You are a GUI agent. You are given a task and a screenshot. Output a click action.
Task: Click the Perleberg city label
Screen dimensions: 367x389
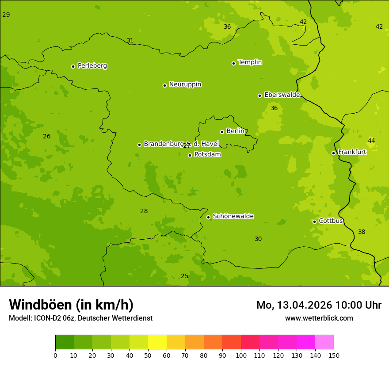[x=92, y=66]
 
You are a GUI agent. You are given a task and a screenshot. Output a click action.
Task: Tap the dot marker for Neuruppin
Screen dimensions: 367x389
[x=164, y=85]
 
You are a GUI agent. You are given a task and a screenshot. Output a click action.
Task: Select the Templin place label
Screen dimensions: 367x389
[x=250, y=62]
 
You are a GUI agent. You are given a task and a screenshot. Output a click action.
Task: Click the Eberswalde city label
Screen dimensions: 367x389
[x=282, y=95]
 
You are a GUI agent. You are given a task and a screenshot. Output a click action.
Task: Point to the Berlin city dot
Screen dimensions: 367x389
[x=222, y=132]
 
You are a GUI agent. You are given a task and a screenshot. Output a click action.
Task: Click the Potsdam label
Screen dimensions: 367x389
[x=207, y=154]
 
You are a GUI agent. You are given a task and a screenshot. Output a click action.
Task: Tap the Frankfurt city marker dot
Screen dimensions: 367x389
[x=333, y=153]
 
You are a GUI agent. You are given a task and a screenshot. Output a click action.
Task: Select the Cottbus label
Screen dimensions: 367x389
[x=331, y=221]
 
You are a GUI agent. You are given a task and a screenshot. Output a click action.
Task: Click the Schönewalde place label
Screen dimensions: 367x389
[x=233, y=216]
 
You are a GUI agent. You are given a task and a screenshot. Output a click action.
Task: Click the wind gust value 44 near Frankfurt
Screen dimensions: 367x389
[x=371, y=141]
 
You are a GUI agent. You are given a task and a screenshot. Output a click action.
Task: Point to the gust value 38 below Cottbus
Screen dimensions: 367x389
[x=362, y=232]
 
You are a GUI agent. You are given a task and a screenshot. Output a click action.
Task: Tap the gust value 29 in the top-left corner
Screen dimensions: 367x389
[x=6, y=15]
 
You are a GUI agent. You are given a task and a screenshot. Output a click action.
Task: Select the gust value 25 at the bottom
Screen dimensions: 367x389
[x=184, y=276]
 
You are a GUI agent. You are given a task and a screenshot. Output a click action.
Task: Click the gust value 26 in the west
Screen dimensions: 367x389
[x=47, y=136]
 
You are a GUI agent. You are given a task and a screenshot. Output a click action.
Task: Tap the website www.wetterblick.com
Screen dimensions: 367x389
[x=319, y=318]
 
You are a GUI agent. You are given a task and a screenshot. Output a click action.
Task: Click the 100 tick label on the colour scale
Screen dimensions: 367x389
[x=241, y=355]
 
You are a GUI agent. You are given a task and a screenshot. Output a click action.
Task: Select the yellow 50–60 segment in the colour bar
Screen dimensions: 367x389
[x=157, y=342]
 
